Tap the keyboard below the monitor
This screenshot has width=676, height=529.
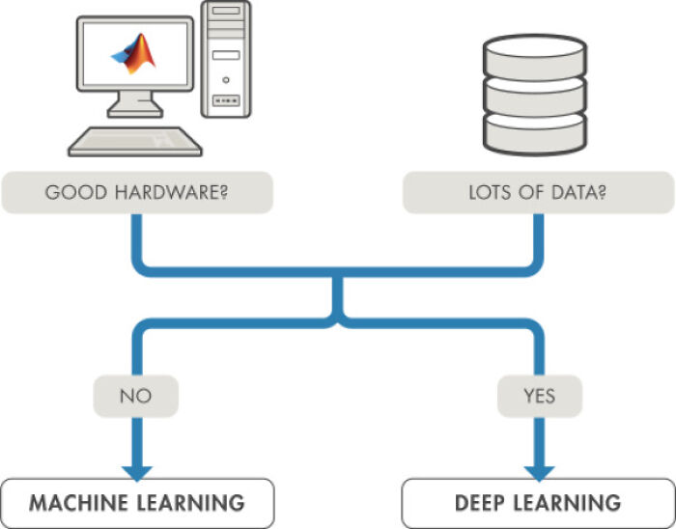coord(135,142)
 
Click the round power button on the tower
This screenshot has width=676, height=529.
coord(225,79)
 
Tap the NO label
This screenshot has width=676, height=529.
coord(135,395)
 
